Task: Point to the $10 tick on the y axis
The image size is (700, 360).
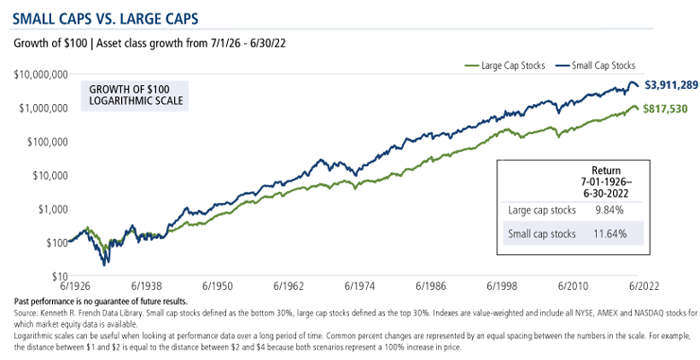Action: point(58,276)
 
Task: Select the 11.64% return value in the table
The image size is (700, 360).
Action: point(607,234)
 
